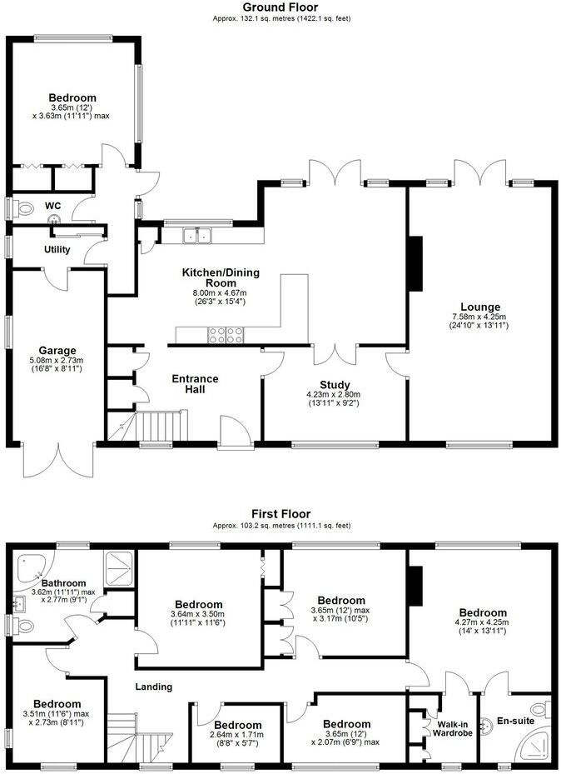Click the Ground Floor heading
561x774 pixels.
coord(280,7)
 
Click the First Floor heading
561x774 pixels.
coord(280,516)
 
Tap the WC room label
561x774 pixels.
coord(52,206)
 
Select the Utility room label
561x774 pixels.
coord(57,249)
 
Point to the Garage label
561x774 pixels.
coord(57,351)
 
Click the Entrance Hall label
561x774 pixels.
coord(195,384)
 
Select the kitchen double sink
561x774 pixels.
coord(198,236)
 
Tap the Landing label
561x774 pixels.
coord(154,687)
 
